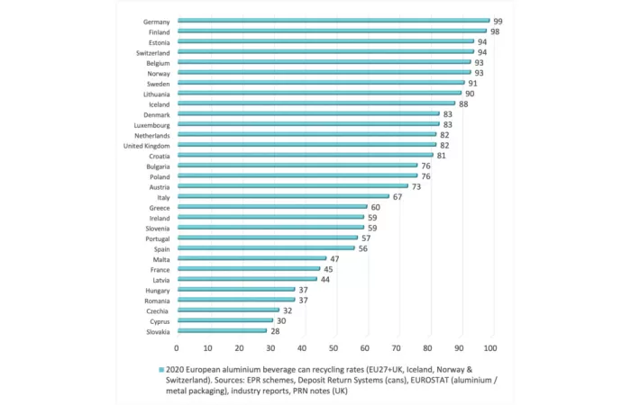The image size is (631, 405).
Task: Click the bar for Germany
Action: (x=334, y=20)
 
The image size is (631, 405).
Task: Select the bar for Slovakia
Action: (x=222, y=331)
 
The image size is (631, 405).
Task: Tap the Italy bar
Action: (x=283, y=196)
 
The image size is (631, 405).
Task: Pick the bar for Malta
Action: (x=251, y=258)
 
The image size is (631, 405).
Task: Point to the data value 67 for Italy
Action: (x=398, y=197)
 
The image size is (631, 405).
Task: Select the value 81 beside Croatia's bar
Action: (x=442, y=156)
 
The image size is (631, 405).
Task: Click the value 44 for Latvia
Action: (x=325, y=280)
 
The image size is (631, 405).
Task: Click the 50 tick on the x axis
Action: (x=334, y=347)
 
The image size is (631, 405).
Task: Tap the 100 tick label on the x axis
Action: (x=491, y=347)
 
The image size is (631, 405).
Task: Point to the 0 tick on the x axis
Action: (x=177, y=347)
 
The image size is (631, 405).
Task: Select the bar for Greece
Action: (x=272, y=207)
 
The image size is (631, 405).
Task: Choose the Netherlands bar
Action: (x=306, y=134)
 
